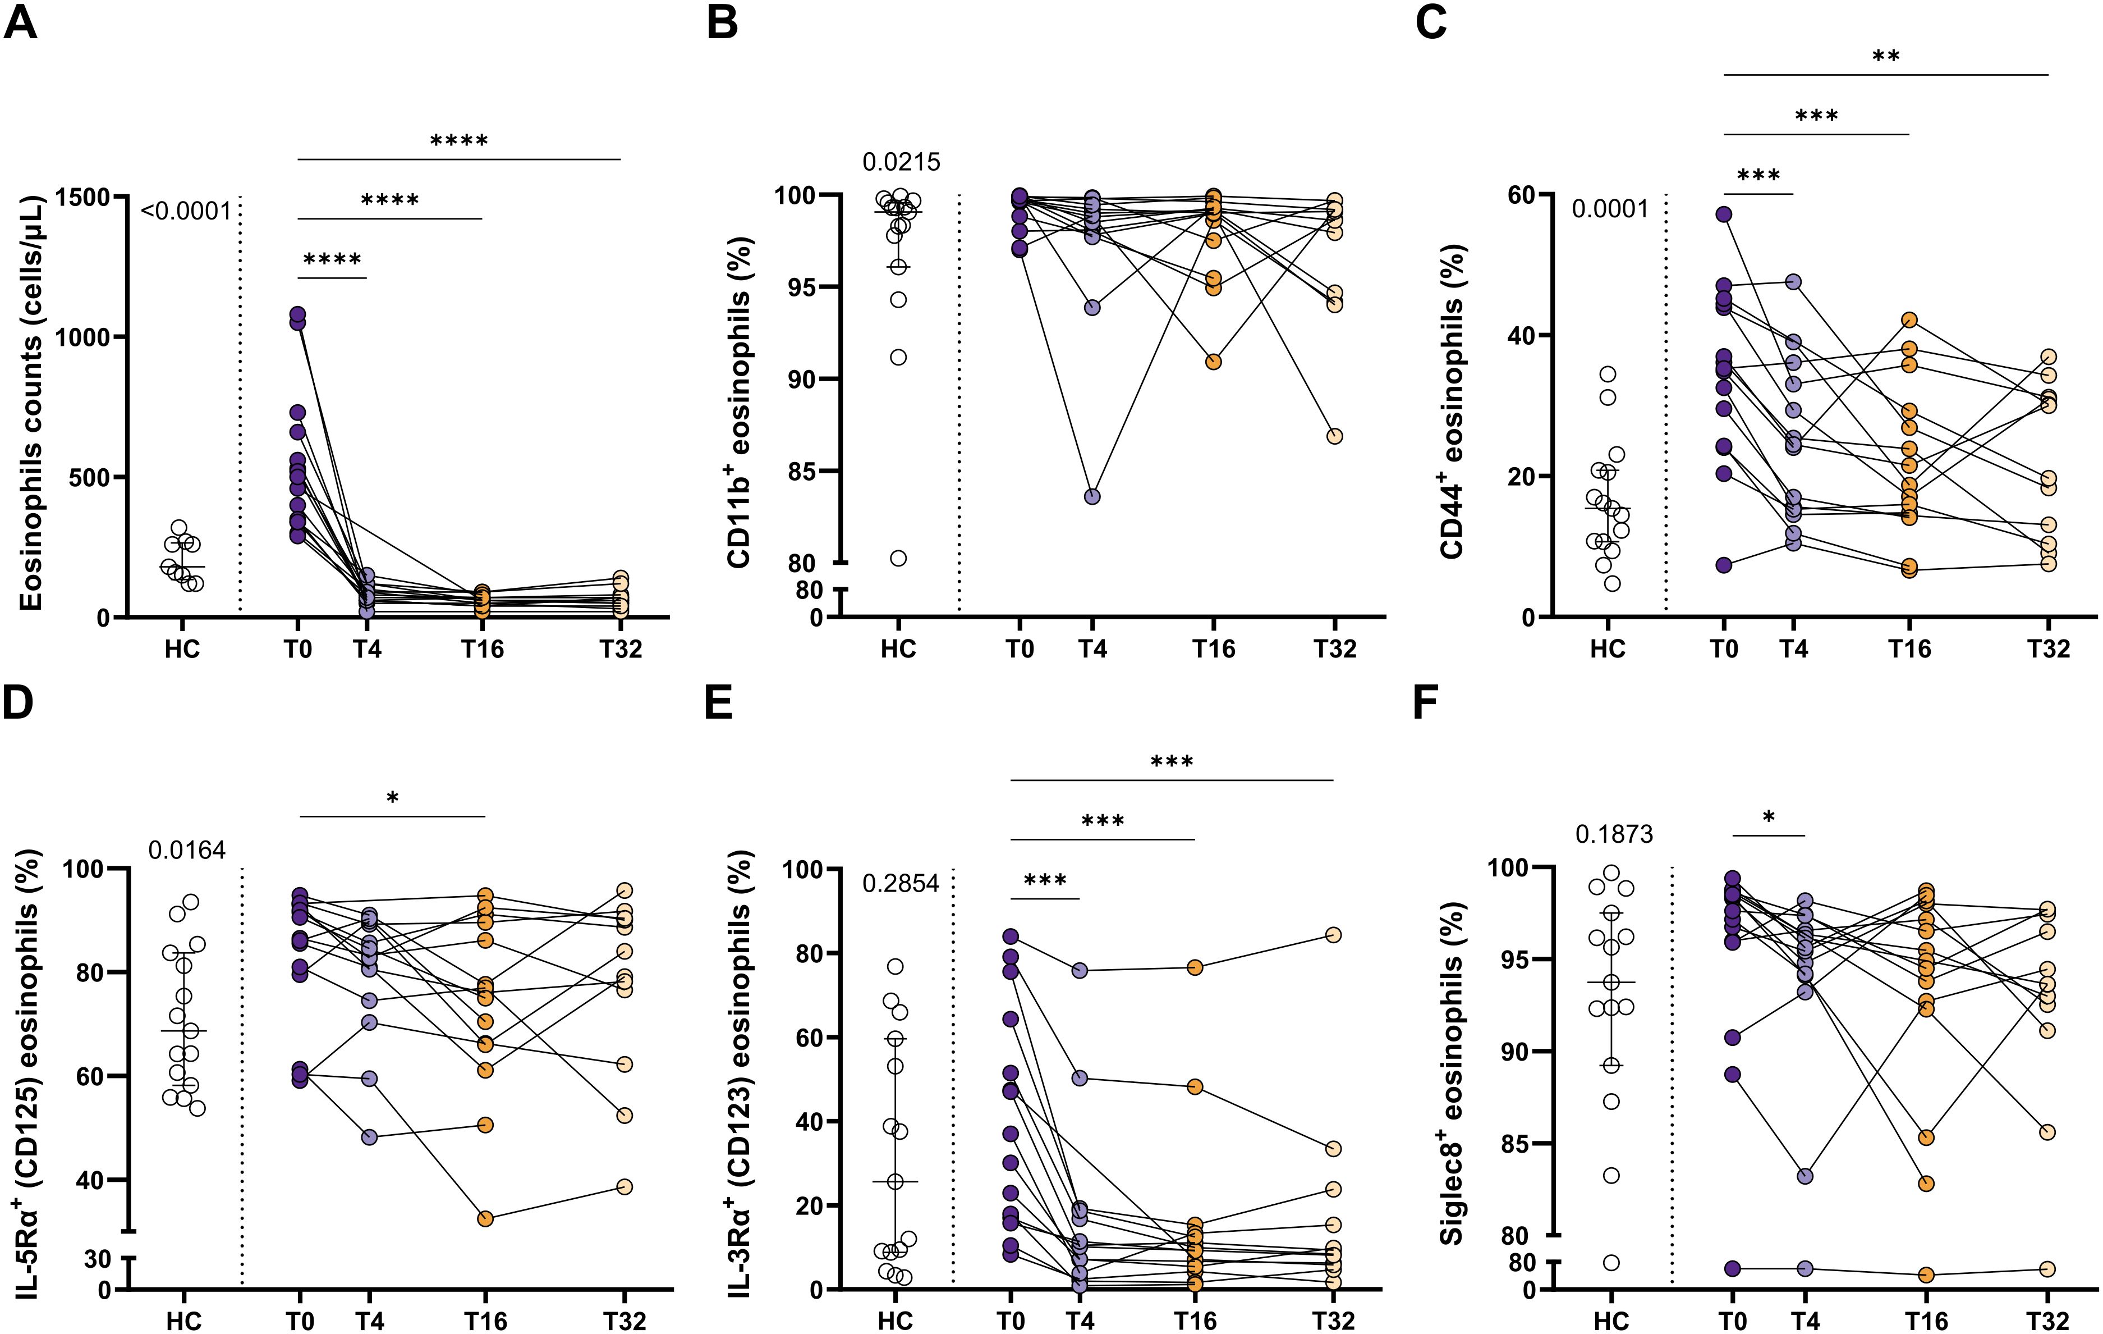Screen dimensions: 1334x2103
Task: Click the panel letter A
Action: tap(20, 22)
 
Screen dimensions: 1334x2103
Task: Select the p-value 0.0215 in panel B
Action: tap(901, 162)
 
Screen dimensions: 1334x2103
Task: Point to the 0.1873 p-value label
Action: tap(1614, 834)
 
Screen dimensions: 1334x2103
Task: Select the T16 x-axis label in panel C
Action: tap(1909, 649)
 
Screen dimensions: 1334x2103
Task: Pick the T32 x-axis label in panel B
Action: tap(1334, 649)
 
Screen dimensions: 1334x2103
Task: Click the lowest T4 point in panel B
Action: tap(1092, 496)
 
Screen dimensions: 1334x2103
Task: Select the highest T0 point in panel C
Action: tap(1723, 214)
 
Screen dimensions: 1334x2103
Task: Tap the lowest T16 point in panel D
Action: tap(485, 1219)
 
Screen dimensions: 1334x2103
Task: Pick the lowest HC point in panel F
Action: tap(1611, 1262)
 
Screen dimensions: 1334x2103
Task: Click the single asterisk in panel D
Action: tap(392, 798)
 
